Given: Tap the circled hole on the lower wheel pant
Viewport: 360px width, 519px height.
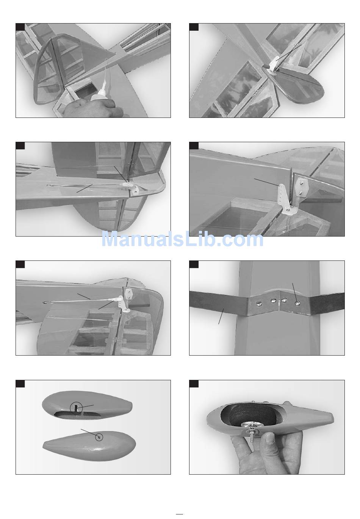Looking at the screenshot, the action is (x=99, y=436).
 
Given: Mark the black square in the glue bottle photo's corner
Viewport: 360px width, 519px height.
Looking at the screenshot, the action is (x=20, y=27).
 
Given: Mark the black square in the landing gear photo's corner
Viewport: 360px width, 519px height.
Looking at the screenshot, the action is (x=194, y=264).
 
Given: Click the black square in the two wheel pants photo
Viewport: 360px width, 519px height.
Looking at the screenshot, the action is (x=20, y=383).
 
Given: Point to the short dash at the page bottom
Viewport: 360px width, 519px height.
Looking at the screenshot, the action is (x=180, y=514).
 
